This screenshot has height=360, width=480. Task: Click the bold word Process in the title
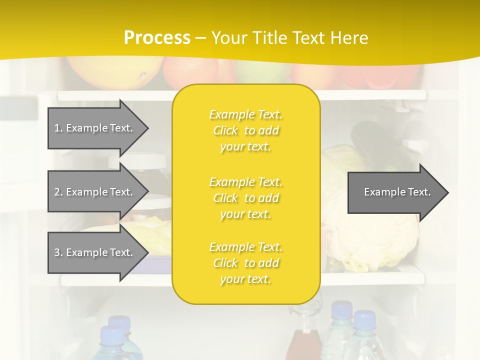click(x=157, y=38)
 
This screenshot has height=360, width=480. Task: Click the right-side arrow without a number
click(x=395, y=192)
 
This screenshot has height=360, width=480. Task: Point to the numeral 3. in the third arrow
click(x=58, y=252)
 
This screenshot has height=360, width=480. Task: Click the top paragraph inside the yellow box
click(x=245, y=130)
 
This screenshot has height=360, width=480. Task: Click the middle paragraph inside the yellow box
click(x=245, y=198)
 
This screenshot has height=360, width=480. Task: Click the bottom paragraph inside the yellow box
click(x=245, y=263)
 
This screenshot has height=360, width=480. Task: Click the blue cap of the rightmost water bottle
click(x=364, y=319)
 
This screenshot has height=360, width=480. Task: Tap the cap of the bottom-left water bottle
click(x=111, y=334)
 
